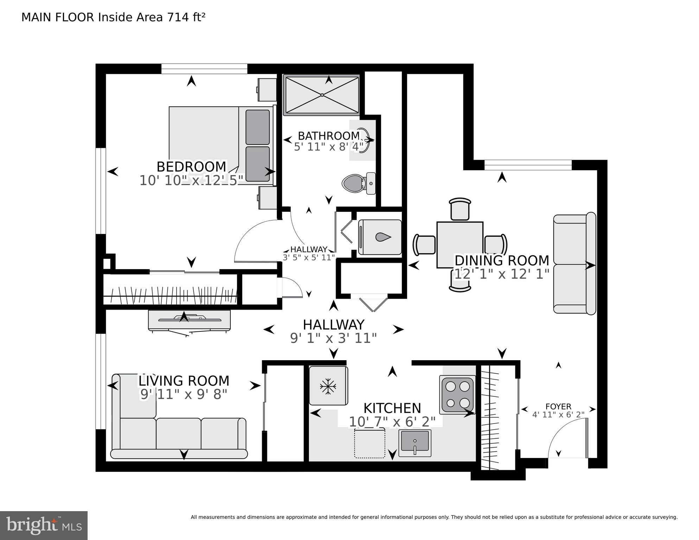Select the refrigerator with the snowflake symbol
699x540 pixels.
pos(328,386)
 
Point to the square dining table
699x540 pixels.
pos(460,245)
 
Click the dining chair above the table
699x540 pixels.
pos(460,209)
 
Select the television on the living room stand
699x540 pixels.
pos(190,319)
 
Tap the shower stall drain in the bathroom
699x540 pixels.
pos(322,95)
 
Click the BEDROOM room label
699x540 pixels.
pos(191,166)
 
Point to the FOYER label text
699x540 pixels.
pos(558,407)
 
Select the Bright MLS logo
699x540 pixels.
pos(44,525)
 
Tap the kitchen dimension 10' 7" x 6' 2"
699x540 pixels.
pos(392,421)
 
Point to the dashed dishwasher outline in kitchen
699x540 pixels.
pos(369,443)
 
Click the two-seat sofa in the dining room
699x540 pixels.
pos(574,263)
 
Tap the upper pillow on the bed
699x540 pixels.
pos(258,127)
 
